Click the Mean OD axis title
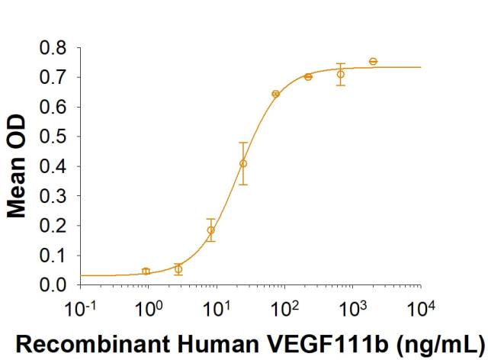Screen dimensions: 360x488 tap(17, 167)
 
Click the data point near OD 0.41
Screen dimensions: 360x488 tap(243, 163)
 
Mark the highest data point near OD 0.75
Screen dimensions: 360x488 tap(373, 61)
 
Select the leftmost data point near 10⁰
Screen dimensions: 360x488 tap(146, 271)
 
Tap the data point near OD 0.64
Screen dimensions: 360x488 tap(275, 94)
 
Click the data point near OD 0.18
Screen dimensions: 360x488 tap(211, 230)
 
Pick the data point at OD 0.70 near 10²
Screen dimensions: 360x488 tap(308, 76)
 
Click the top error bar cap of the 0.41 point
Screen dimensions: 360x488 tap(243, 143)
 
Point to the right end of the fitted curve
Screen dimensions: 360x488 tap(421, 67)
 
